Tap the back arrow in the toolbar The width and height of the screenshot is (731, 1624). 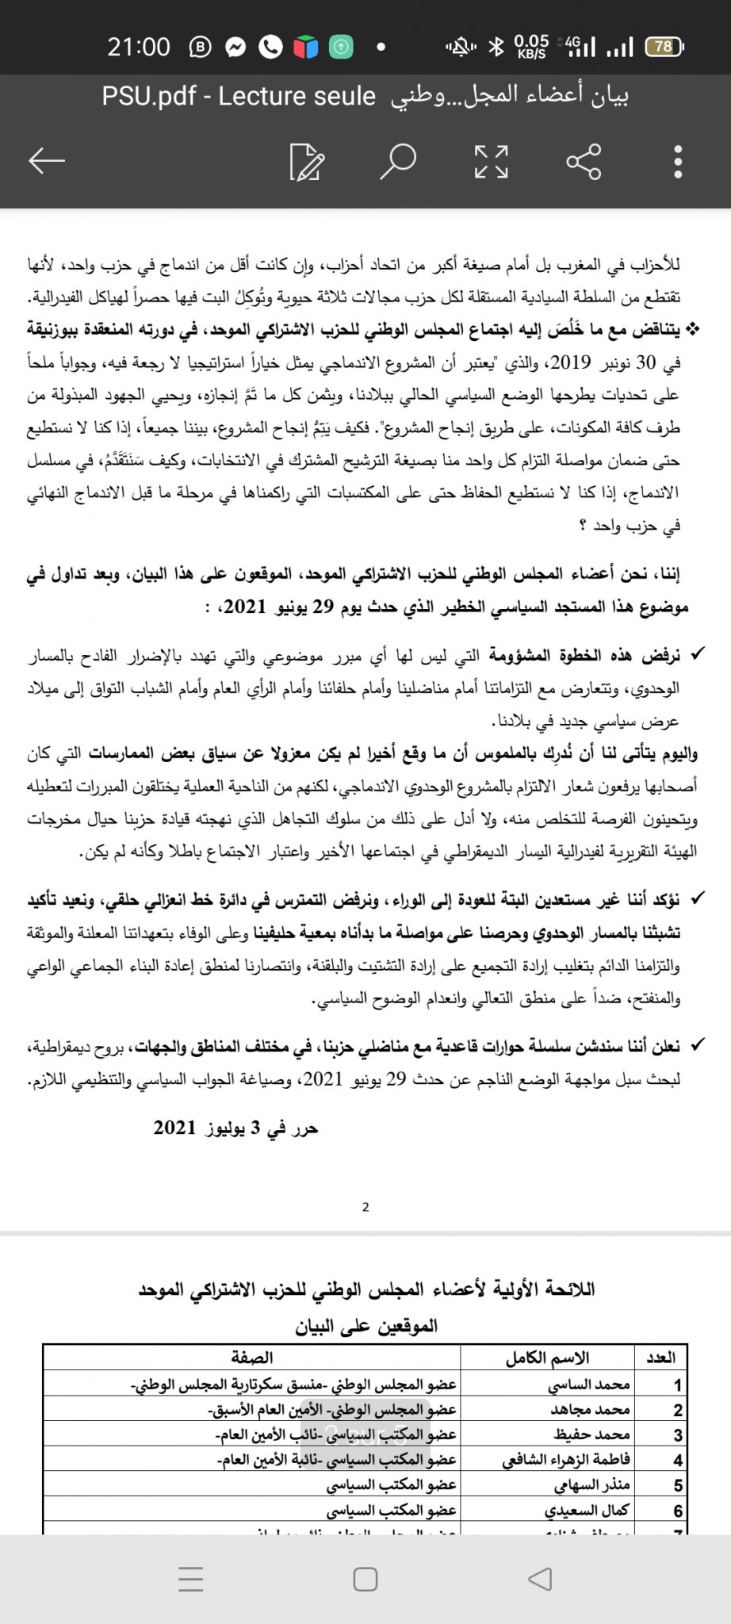point(46,161)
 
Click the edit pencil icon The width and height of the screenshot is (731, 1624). point(307,162)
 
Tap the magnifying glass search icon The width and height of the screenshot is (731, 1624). point(398,161)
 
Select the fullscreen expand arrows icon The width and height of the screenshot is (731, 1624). point(491,162)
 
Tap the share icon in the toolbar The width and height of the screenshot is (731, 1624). point(584,162)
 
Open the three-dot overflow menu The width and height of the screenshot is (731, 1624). point(678,162)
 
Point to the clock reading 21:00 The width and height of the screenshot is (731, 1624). point(139,47)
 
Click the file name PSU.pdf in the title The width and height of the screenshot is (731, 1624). point(149,96)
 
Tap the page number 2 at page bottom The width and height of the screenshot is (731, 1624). point(365,1207)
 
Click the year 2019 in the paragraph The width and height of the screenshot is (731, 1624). point(571,362)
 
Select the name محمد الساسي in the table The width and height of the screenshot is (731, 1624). point(588,1385)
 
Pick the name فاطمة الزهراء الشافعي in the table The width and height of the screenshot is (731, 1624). point(566,1460)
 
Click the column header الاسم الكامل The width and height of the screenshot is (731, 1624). point(547,1358)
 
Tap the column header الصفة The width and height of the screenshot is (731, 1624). point(252,1358)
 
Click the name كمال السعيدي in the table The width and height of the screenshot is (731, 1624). point(587,1511)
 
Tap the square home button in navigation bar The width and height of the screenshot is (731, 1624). point(365,1579)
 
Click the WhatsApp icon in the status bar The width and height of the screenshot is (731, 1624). point(270,48)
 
